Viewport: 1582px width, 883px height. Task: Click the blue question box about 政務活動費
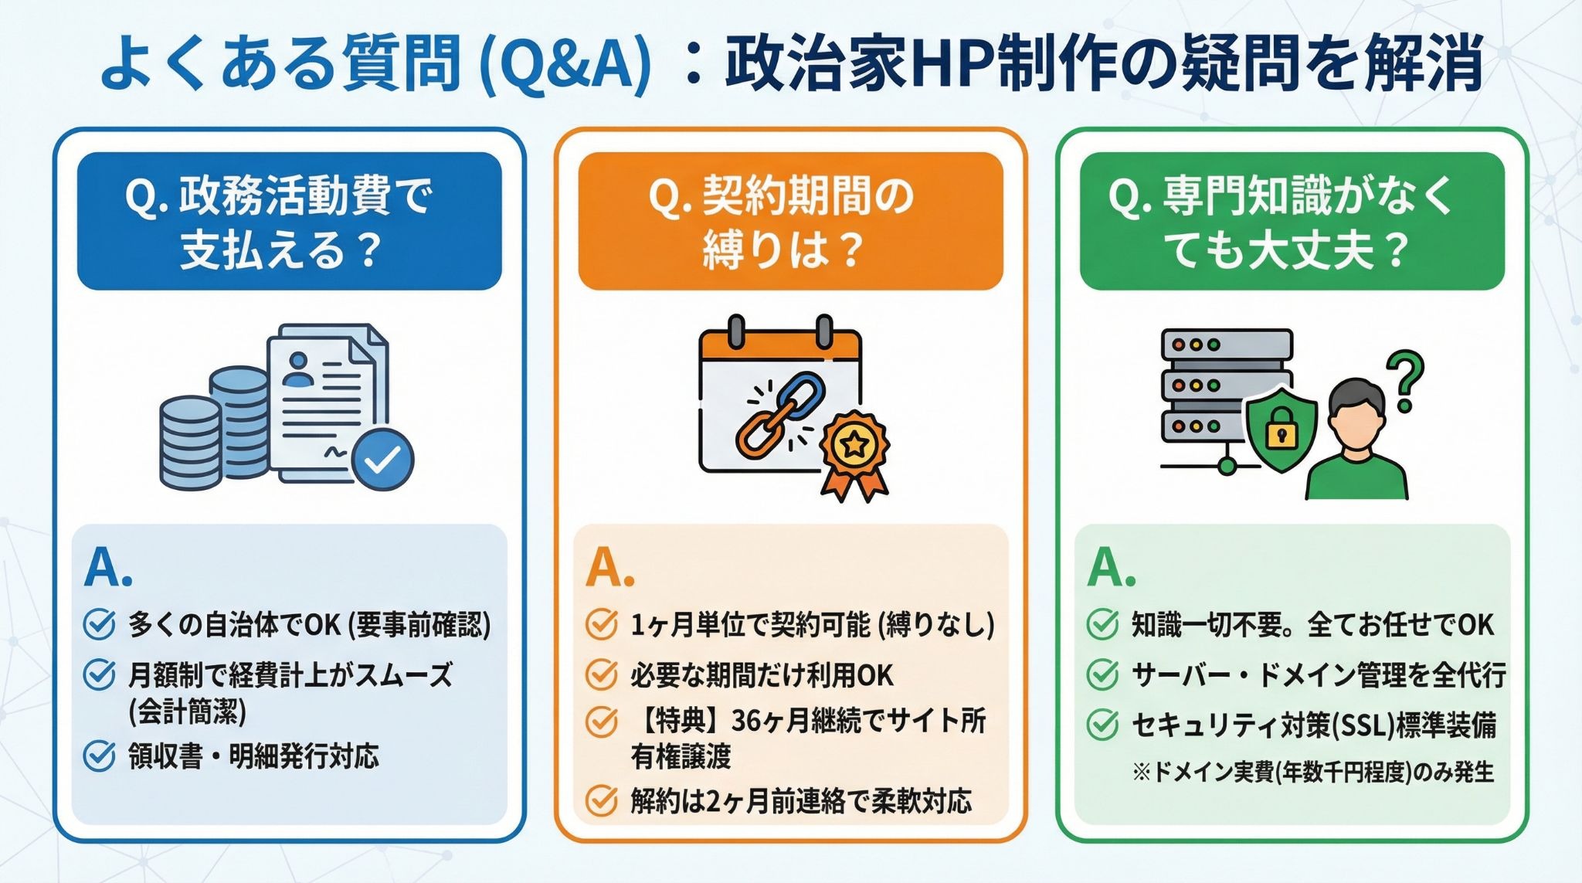(x=289, y=221)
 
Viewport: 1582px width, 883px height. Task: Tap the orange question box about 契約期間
(x=790, y=221)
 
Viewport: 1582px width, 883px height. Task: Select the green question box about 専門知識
(x=1292, y=221)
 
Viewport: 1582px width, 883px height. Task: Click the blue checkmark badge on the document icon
(x=382, y=460)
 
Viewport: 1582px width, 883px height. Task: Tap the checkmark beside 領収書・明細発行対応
(x=99, y=756)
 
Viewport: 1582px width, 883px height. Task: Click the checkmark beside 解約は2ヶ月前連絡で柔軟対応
(x=601, y=801)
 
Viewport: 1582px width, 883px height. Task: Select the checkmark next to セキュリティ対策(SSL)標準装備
(x=1102, y=725)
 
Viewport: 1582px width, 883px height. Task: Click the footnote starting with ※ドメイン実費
(x=1312, y=772)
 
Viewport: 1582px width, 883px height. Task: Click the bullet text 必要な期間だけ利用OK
(x=761, y=675)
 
